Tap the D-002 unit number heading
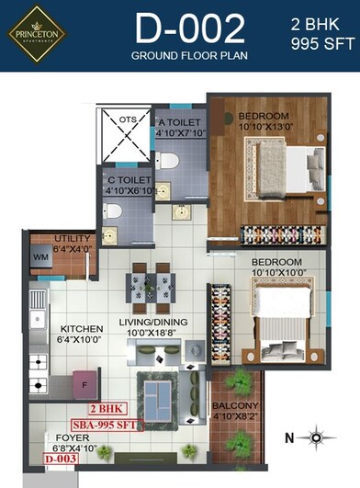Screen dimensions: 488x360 click(x=190, y=29)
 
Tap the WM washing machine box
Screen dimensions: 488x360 click(x=41, y=259)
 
